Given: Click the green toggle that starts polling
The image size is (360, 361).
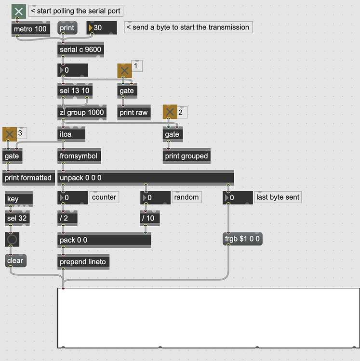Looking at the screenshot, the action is pos(19,11).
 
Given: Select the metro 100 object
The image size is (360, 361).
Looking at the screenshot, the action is pos(31,29).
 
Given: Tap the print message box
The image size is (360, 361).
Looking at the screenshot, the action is pos(67,28).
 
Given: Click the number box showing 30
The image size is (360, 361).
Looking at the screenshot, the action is pos(101,28).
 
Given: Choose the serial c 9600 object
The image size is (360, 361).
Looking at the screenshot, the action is pos(80,50).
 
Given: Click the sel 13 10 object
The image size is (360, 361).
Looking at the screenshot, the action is pos(75,90).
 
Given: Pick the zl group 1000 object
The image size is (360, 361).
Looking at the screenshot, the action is pos(82,112).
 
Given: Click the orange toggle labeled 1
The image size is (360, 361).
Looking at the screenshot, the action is pos(124,71).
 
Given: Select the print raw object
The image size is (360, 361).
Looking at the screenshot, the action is pos(134,112).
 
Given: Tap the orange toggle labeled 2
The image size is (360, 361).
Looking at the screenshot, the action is pos(170,112).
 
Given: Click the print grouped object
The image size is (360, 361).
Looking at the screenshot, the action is pos(187,156).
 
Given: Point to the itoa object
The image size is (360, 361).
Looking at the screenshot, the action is pos(71,134).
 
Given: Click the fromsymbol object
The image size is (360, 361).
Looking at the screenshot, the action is pos(79,156).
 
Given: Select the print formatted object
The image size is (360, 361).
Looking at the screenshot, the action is pos(28,178).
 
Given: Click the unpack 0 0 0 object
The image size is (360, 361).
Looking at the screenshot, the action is pos(146,178).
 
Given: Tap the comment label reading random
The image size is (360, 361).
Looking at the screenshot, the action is pos(187,197).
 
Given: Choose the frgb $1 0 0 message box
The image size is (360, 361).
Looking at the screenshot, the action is pos(242,239).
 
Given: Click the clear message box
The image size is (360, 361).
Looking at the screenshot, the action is pos(16,260).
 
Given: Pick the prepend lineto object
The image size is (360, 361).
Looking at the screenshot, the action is pos(83,262).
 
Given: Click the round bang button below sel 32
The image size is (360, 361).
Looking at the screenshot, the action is pos(12,239).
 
